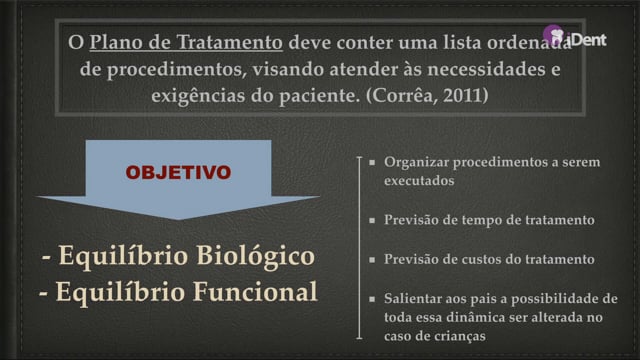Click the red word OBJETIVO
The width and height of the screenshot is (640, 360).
point(178,172)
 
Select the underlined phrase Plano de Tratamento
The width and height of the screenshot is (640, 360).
point(186,42)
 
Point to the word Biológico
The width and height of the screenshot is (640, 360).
point(256,256)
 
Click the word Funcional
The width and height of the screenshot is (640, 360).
point(255,292)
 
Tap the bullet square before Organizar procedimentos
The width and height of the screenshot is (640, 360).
point(372,162)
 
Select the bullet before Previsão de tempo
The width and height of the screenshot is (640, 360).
point(372,220)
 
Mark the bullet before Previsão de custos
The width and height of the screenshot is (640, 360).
point(372,260)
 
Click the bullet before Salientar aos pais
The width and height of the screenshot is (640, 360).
point(372,299)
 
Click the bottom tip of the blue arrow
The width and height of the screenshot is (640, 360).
point(178,220)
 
